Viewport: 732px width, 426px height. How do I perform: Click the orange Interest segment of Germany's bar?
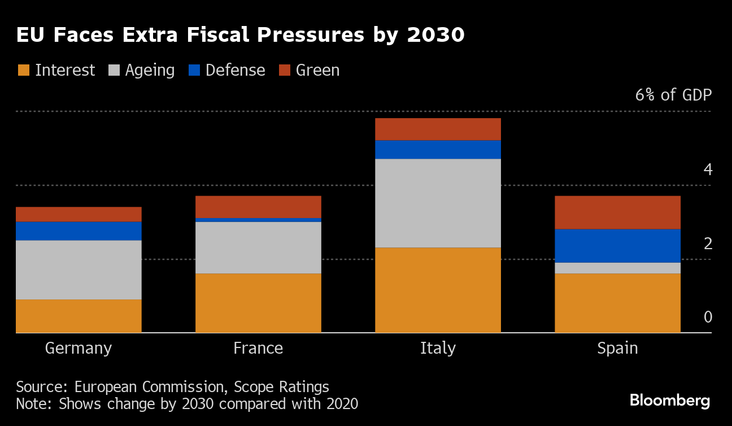(79, 316)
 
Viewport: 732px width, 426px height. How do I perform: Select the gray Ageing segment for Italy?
(438, 203)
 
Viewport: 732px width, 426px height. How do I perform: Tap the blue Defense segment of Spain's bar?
(617, 246)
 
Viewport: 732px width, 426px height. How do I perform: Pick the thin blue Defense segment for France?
(258, 220)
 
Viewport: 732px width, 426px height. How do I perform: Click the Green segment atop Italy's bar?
(438, 129)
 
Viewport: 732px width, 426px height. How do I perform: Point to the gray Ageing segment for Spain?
(617, 268)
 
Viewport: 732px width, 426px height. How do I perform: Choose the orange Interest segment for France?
(258, 303)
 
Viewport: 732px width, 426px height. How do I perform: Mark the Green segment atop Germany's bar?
(79, 214)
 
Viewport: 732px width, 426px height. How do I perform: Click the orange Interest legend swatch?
(23, 70)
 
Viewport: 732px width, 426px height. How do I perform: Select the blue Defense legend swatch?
(194, 70)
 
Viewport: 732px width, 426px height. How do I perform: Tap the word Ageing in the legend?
(150, 71)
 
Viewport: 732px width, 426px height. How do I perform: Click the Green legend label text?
(317, 70)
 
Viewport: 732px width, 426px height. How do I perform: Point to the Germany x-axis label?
(79, 348)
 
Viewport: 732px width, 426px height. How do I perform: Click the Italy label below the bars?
(438, 348)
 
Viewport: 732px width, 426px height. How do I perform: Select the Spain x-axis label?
(617, 348)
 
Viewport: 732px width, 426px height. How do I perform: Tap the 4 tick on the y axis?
(708, 169)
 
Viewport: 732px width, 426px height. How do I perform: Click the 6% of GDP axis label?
(673, 94)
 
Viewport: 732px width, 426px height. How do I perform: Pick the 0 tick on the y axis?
(708, 318)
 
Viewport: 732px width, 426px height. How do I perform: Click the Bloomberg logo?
(670, 401)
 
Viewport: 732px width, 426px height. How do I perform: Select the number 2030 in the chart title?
(435, 35)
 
